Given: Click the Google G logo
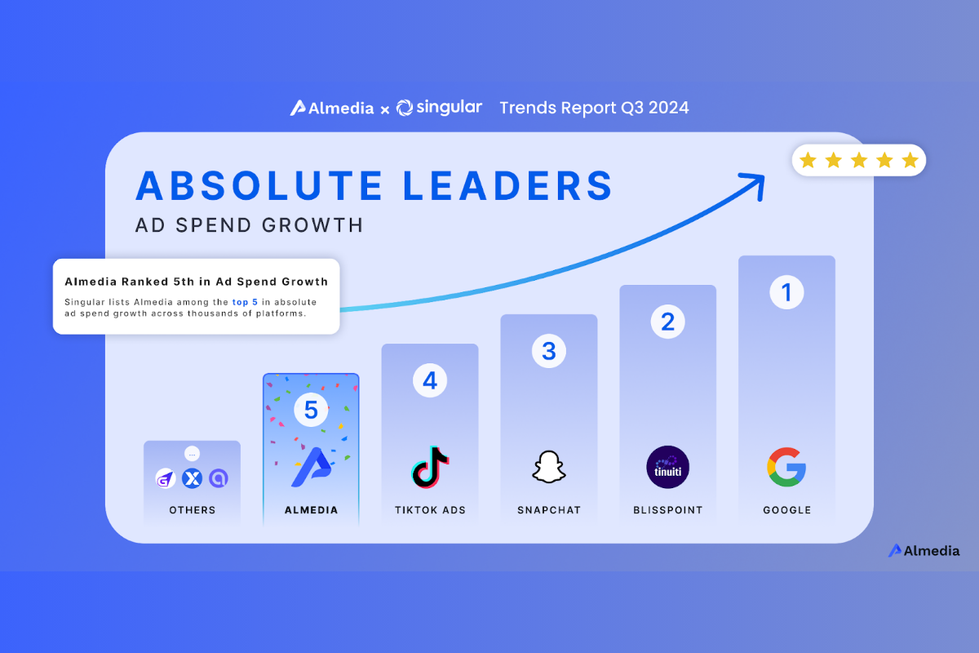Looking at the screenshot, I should pos(786,467).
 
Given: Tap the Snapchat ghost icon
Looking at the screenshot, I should pos(549,468).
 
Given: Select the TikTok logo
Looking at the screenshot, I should pos(430,467).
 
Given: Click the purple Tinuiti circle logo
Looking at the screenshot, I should pos(667,467).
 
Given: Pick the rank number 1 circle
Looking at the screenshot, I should pos(786,292).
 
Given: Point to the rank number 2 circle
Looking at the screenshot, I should pos(667,322).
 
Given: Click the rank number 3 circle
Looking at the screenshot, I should pos(549,351).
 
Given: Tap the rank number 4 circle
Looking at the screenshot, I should pos(430,380).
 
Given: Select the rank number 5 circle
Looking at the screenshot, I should pos(311,410).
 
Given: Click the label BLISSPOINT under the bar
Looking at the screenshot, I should pos(667,510).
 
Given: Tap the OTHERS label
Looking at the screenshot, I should pos(193,510).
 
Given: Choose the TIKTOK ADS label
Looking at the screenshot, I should pos(430,510).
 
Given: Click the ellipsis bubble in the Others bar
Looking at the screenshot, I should pos(192,454).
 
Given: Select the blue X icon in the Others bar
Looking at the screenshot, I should pos(192,479).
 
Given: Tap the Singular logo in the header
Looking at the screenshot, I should pos(439,108).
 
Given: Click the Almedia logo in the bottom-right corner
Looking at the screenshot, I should pos(924,551).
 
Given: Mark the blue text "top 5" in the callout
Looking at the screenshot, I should pos(244,302).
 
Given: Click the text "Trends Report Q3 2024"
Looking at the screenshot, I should pos(594,108).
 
